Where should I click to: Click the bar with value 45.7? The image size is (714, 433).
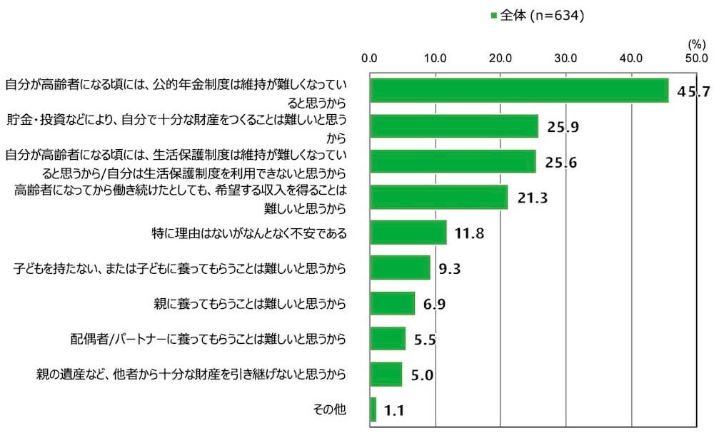pos(519,91)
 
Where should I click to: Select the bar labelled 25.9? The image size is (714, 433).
pos(454,126)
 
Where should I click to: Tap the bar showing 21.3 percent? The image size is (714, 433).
pos(438,197)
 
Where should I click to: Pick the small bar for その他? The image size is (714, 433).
pos(373,409)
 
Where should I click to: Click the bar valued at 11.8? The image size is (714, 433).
pos(408,233)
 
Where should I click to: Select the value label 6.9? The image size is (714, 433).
pos(435,305)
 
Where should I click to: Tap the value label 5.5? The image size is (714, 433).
pos(425,340)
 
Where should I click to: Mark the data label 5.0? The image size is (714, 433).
pos(422,375)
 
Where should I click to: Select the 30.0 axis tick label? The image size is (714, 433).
pos(565,58)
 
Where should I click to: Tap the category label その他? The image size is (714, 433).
pos(330,409)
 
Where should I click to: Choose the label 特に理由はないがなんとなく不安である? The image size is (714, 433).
pos(250,233)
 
